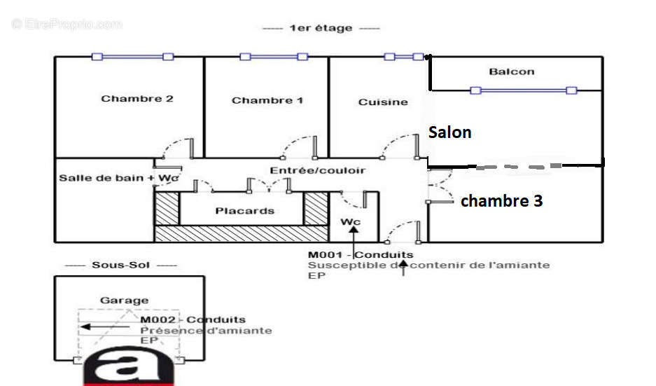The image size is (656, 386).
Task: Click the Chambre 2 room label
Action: point(137,99)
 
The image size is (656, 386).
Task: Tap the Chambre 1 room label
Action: point(267,100)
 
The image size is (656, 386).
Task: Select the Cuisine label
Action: point(383,102)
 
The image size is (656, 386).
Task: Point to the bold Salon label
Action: point(449,132)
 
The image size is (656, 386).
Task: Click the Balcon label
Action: point(512,71)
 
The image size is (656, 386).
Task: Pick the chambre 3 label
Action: point(501,201)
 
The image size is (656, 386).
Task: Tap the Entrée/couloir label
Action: point(318,170)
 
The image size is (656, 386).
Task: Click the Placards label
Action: point(245,211)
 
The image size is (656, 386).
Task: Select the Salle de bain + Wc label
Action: point(119,178)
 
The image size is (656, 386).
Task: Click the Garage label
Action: point(124,300)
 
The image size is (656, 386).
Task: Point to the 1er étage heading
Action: point(321,28)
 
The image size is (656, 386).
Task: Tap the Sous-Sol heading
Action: point(121,265)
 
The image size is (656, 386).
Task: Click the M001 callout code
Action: point(326,254)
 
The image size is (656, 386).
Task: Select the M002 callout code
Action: point(158,320)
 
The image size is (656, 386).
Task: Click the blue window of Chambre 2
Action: point(132,57)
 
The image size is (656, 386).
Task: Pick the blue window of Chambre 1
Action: point(274,57)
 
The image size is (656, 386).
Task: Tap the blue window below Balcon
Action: point(524,90)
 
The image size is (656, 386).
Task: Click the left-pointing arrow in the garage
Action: point(104,326)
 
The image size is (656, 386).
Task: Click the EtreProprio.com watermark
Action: point(67,25)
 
